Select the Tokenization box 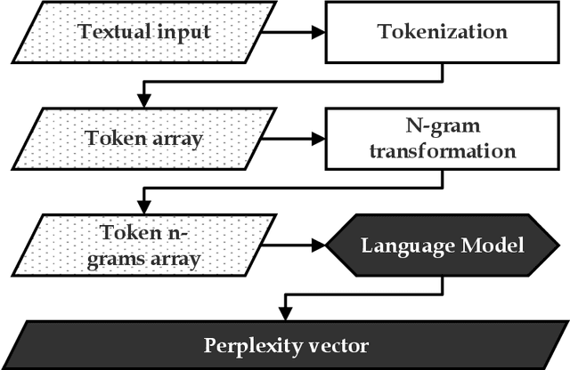pos(443,33)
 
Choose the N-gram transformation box pos(443,139)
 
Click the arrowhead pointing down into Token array pos(142,97)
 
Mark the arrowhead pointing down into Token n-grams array pos(142,203)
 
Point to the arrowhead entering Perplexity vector pos(284,310)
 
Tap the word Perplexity pos(249,344)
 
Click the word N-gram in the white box pos(443,127)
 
